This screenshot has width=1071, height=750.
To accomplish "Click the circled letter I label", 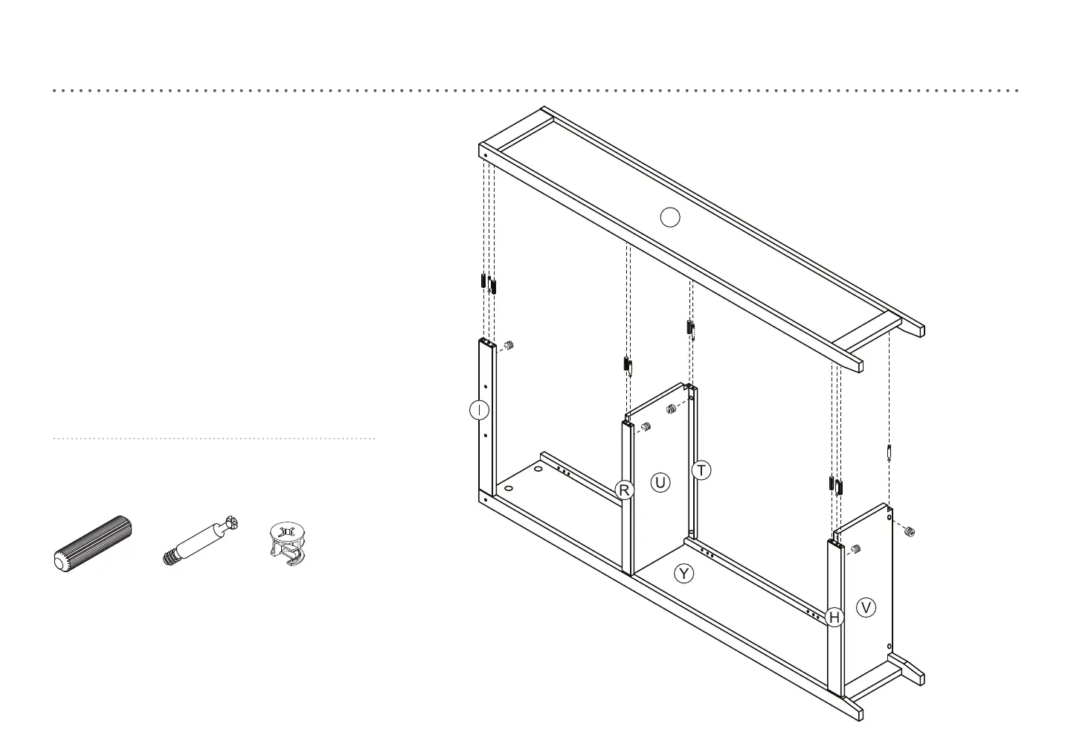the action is (480, 410).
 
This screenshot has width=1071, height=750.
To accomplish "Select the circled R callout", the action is (625, 490).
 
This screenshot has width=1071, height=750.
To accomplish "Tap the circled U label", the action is (660, 483).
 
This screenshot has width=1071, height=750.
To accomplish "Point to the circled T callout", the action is (701, 470).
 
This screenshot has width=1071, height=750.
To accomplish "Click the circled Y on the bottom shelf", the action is (684, 574).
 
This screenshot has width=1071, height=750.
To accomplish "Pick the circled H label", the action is (834, 618).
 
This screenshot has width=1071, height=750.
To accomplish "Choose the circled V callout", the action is (866, 608).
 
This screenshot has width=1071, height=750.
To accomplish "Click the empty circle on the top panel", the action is (670, 217).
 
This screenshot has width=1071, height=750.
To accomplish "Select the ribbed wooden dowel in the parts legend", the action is (93, 542).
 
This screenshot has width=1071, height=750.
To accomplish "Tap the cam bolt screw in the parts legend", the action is (201, 540).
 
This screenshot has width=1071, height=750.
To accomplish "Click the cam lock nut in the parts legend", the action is (287, 542).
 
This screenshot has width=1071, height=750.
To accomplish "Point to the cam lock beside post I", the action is (509, 346).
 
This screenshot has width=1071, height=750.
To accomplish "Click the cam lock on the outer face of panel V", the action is (909, 531).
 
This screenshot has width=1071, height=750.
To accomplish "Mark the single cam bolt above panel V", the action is (890, 453).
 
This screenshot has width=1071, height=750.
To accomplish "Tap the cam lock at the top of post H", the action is (855, 549).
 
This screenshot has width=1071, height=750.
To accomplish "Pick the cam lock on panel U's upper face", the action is (670, 408).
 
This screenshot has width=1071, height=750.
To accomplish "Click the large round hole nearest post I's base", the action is (509, 489).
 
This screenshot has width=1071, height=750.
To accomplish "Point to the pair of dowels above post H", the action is (835, 485).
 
